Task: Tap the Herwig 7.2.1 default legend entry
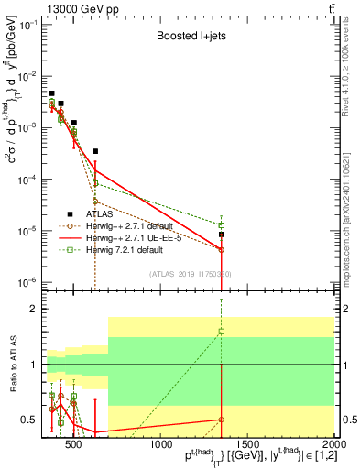[x=127, y=249]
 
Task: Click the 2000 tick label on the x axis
[x=333, y=445]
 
